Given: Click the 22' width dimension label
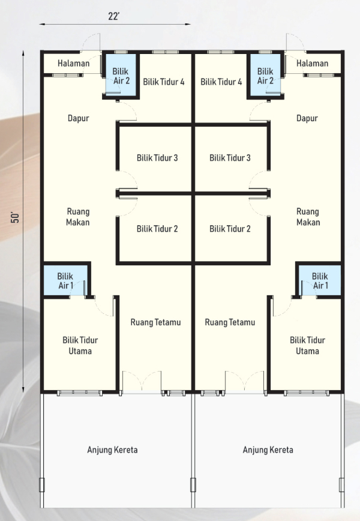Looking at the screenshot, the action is point(113,16).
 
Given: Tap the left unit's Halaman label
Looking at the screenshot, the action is point(73,63).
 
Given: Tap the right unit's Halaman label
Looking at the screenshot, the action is point(312,63).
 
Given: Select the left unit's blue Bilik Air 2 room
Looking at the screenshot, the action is point(121,75).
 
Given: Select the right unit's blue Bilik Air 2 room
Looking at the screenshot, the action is point(265,75).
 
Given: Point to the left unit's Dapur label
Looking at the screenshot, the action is point(79,118).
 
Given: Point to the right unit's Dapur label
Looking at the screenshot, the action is point(307,118).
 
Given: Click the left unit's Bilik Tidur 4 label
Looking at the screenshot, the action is point(164,82).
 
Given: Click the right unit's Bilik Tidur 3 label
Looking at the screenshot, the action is point(230,157).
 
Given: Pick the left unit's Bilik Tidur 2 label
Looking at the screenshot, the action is point(157,229).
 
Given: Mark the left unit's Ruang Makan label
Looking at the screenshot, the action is point(78,217).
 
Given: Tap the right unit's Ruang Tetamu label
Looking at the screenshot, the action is point(230,322).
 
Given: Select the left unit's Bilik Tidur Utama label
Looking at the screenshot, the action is point(80,346).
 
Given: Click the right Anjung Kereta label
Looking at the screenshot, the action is point(268,450).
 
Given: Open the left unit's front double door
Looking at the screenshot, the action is point(142,382).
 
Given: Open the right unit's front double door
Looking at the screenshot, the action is point(245,382).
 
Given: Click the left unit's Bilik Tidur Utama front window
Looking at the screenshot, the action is point(79,393).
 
